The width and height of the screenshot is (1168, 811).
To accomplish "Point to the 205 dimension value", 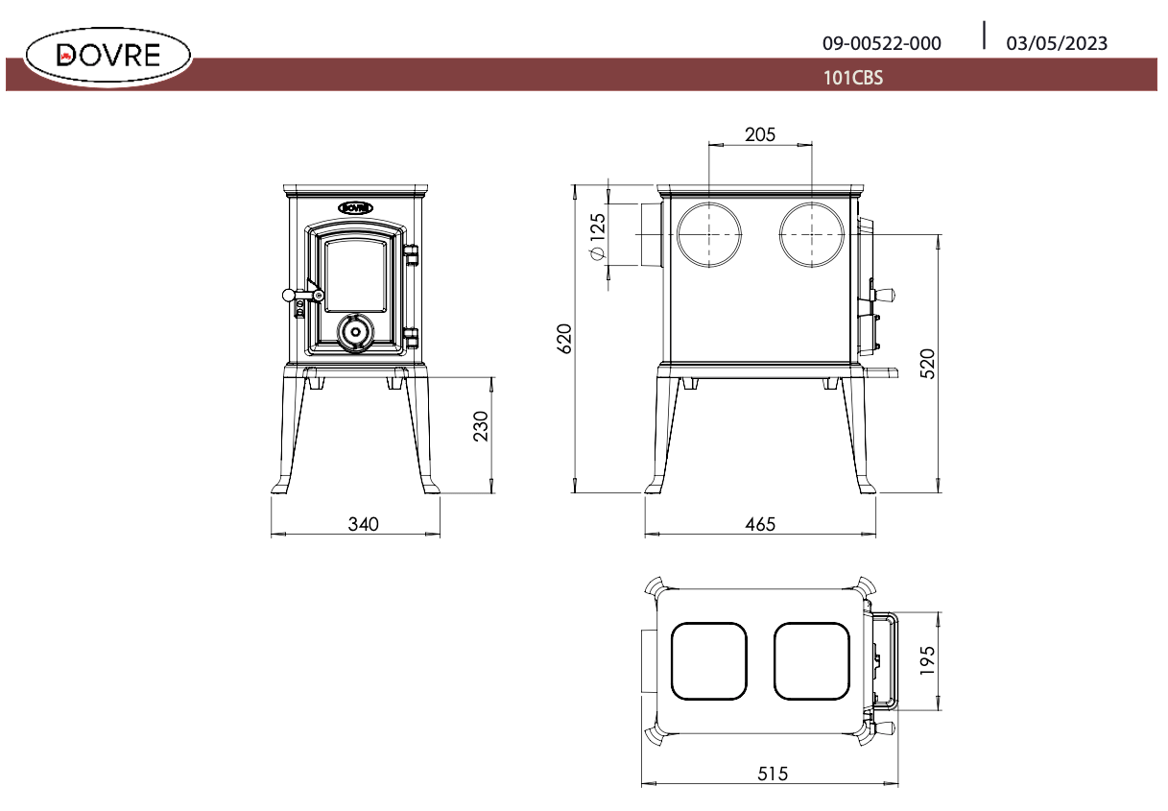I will click(x=760, y=133).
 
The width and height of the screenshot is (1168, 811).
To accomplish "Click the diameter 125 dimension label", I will click(x=597, y=235).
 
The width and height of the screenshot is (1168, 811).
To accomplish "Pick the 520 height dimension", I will click(x=927, y=365).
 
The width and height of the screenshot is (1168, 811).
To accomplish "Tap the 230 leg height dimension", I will click(x=482, y=425).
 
